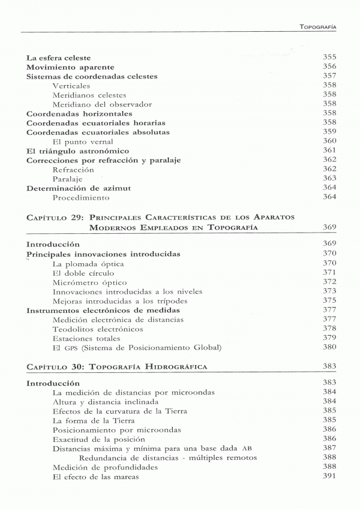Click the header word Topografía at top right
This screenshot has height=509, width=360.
click(317, 27)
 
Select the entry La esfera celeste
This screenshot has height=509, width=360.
click(59, 58)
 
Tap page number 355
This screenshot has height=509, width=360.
click(329, 58)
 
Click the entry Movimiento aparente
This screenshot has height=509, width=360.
click(71, 67)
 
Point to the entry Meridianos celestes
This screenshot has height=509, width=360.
click(89, 95)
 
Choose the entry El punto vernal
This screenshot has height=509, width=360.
click(83, 141)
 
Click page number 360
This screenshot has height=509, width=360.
click(329, 141)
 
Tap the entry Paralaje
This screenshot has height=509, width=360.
click(67, 179)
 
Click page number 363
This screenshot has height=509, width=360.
click(329, 178)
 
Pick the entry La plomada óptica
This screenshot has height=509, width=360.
click(88, 264)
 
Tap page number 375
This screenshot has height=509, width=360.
click(329, 300)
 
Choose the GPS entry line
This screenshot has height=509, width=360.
click(137, 348)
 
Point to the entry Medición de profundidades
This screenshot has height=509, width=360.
click(105, 467)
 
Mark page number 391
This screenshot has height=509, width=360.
click(329, 476)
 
